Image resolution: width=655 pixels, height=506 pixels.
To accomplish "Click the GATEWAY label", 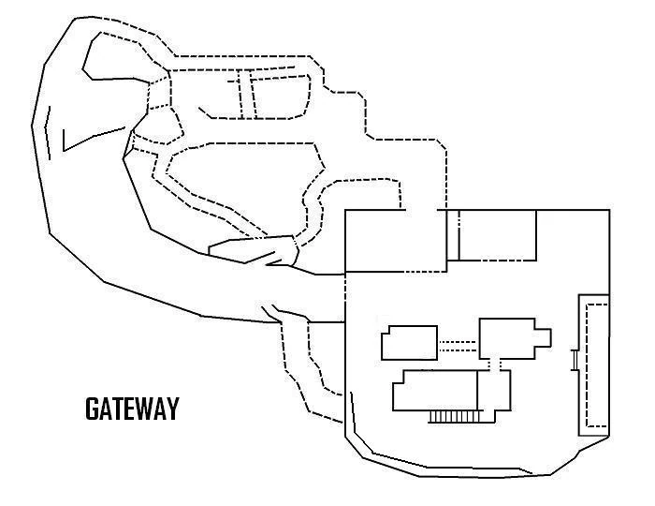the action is (x=131, y=409).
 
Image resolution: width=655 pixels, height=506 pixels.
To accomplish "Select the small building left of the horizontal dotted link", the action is (x=409, y=342).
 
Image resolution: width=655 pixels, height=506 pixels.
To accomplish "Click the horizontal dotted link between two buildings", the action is (x=458, y=344).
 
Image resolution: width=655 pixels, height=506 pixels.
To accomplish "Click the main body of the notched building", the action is (x=505, y=338).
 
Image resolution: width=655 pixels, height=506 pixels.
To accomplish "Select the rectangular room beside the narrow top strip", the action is (x=498, y=234).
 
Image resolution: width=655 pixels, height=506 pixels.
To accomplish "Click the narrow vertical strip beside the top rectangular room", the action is (x=453, y=234).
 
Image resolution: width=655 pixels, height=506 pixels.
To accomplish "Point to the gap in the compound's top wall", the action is (x=424, y=211).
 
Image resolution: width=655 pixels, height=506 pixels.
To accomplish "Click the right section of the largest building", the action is (x=495, y=391).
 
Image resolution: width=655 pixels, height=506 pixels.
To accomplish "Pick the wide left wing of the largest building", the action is (x=435, y=390).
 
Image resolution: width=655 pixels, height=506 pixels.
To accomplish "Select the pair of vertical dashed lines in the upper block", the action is (x=246, y=95).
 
